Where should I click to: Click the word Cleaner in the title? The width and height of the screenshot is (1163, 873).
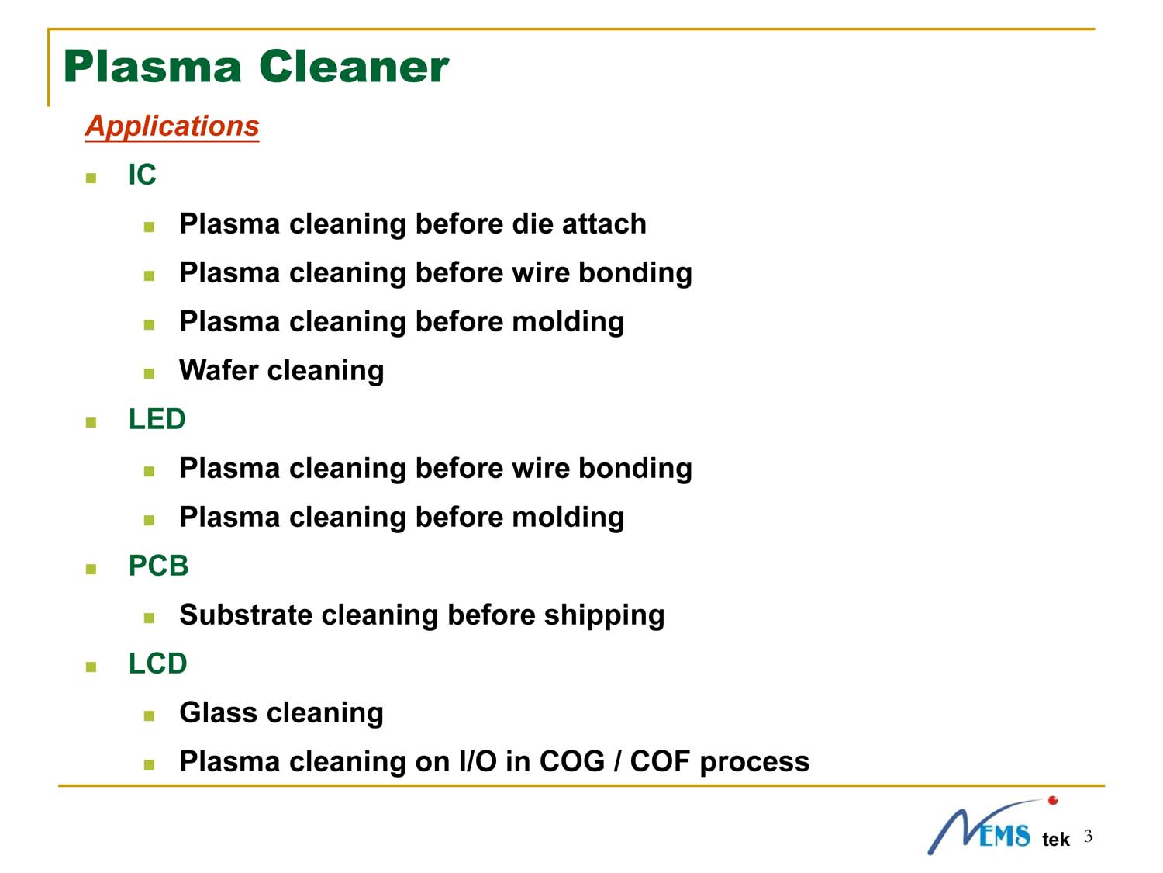[x=354, y=67]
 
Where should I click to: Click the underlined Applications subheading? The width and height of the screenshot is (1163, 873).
[x=171, y=126]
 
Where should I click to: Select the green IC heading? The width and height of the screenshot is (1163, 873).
[x=142, y=175]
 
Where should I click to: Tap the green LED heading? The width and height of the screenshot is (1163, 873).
[x=157, y=419]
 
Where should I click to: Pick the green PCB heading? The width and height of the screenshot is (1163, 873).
[x=158, y=566]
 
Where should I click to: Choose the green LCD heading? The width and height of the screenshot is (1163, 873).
[x=158, y=663]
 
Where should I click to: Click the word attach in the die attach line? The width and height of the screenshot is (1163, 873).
[x=604, y=223]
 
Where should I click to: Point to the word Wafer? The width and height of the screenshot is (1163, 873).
[x=219, y=370]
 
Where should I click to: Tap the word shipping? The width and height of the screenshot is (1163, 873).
[x=604, y=616]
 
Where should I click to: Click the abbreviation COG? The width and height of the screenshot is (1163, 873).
[x=571, y=762]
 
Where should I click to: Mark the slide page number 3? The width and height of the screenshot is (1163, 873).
[x=1088, y=836]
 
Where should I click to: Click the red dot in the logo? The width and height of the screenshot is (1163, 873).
[x=1053, y=800]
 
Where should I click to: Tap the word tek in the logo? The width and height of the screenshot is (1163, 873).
[x=1055, y=839]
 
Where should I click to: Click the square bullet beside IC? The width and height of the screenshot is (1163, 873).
[x=91, y=178]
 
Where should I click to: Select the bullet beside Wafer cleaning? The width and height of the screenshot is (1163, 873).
[x=150, y=374]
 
